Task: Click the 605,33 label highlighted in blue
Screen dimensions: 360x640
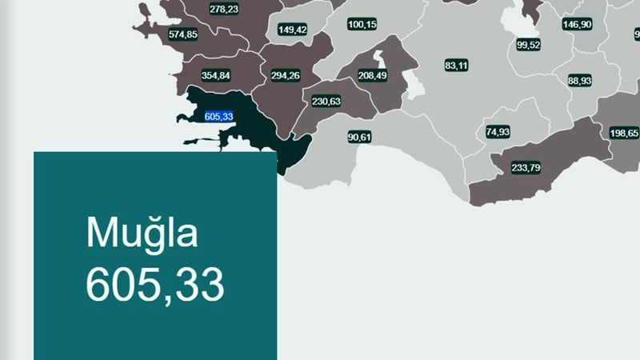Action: pyautogui.click(x=218, y=117)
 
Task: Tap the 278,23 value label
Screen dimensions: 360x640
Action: pyautogui.click(x=223, y=9)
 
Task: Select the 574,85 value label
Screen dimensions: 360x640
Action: pyautogui.click(x=183, y=35)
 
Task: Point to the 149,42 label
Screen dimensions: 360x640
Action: pyautogui.click(x=292, y=30)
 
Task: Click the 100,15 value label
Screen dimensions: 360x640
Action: pyautogui.click(x=362, y=25)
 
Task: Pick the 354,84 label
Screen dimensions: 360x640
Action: pyautogui.click(x=216, y=76)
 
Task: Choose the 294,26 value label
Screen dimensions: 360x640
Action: pyautogui.click(x=285, y=76)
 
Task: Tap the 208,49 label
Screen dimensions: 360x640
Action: pyautogui.click(x=372, y=75)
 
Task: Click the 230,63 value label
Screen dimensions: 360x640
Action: pyautogui.click(x=326, y=102)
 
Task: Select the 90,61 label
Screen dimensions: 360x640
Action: pyautogui.click(x=359, y=137)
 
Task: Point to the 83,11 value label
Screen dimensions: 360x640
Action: pyautogui.click(x=456, y=65)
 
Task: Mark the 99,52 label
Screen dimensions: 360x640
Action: pyautogui.click(x=529, y=45)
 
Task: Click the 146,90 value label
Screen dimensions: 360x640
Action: pyautogui.click(x=577, y=25)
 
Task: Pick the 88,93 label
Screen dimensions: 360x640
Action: pyautogui.click(x=580, y=81)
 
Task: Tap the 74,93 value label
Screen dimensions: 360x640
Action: pyautogui.click(x=498, y=131)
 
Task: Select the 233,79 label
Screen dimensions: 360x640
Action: pyautogui.click(x=526, y=167)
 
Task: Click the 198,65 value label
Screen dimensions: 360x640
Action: pyautogui.click(x=623, y=133)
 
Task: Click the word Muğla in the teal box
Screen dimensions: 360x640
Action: pyautogui.click(x=141, y=234)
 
